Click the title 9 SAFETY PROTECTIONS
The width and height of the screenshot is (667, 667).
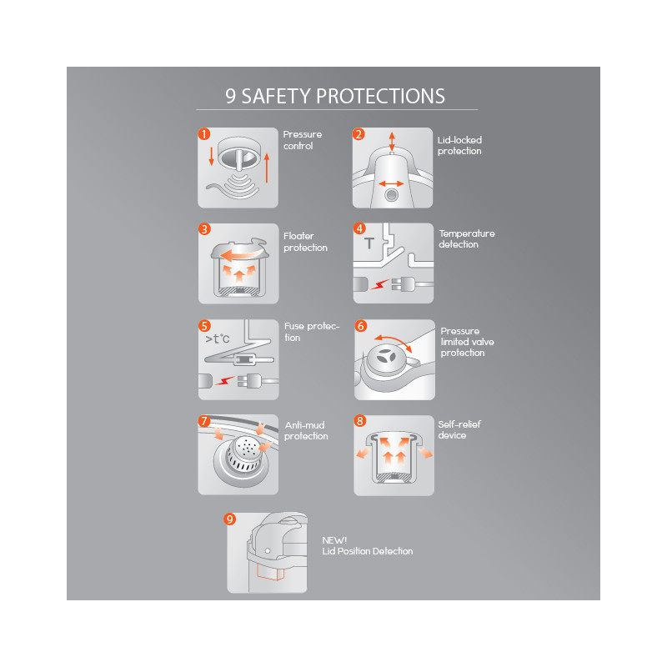335,96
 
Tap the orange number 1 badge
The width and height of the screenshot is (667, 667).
204,134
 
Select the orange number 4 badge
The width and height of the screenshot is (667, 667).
359,228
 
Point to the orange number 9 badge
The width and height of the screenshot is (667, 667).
230,519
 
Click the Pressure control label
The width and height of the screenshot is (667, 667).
303,140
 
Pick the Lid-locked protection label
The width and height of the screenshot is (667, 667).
459,145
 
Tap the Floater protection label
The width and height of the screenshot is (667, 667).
305,242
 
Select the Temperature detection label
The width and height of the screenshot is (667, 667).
467,238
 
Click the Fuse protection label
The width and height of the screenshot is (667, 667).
312,332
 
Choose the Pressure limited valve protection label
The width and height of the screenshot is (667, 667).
467,342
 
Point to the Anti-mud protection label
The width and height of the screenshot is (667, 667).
306,430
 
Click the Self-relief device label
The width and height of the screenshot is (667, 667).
459,429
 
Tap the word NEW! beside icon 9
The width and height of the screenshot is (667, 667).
334,540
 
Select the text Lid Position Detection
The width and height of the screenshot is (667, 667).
368,551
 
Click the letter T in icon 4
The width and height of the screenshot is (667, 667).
369,243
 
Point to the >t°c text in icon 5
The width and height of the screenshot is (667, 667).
218,339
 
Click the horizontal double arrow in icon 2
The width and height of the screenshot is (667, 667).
391,183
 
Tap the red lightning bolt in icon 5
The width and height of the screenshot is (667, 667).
224,380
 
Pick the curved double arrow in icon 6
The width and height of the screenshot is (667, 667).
393,341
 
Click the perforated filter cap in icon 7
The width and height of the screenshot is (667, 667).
244,454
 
